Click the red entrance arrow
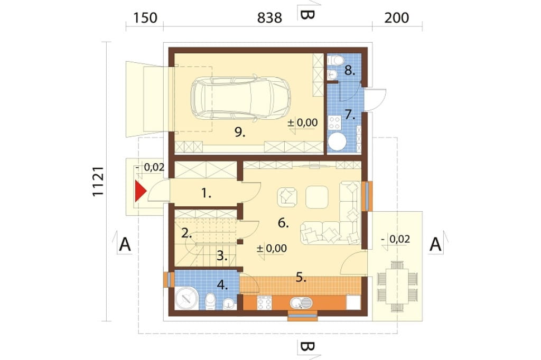click(x=139, y=191)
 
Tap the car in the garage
click(x=240, y=99)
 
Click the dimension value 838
click(x=269, y=17)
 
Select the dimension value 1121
click(x=98, y=182)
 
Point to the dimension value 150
click(x=145, y=17)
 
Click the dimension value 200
click(x=397, y=17)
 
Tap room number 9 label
click(x=240, y=132)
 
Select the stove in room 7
click(x=334, y=122)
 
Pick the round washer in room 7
click(x=337, y=141)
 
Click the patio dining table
click(x=397, y=287)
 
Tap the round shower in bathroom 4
click(x=187, y=298)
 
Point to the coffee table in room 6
click(x=317, y=197)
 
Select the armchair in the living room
click(x=287, y=197)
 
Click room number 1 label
click(x=206, y=193)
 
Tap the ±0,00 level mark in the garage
click(x=303, y=123)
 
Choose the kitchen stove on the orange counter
click(x=264, y=303)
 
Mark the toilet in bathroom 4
click(x=210, y=301)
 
